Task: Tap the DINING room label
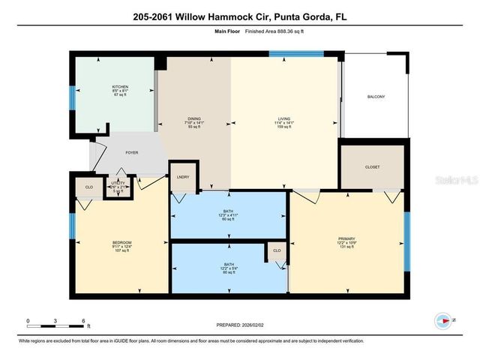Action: coord(194,118)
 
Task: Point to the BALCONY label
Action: coord(376,97)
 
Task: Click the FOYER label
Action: coord(131,152)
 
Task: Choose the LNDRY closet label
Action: coord(182,177)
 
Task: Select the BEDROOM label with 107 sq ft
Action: coord(122,242)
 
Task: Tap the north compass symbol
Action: coord(444,319)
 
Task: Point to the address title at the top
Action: coord(240,16)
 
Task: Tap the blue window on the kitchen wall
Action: coord(72,98)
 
